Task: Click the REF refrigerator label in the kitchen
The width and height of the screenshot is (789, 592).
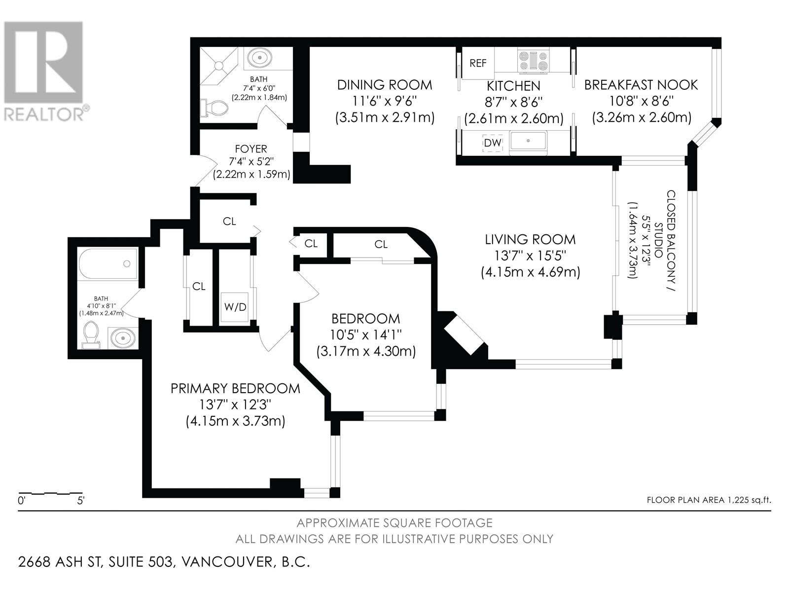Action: (477, 63)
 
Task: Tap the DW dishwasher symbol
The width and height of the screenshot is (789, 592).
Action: (492, 143)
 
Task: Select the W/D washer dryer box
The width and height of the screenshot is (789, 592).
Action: (235, 307)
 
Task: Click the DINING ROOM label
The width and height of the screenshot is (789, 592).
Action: (384, 85)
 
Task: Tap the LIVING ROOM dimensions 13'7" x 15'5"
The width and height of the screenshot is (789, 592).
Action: (530, 256)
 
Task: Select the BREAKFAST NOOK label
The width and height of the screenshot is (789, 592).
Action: (641, 85)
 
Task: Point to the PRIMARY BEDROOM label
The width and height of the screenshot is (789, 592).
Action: (235, 388)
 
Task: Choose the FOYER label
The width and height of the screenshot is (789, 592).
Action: (251, 148)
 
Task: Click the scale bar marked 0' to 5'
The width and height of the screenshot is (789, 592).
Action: (50, 493)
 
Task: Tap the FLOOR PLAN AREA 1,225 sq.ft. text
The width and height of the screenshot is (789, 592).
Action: (708, 500)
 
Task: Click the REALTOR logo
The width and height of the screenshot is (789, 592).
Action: (44, 72)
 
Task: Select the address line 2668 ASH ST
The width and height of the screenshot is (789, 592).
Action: (164, 562)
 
